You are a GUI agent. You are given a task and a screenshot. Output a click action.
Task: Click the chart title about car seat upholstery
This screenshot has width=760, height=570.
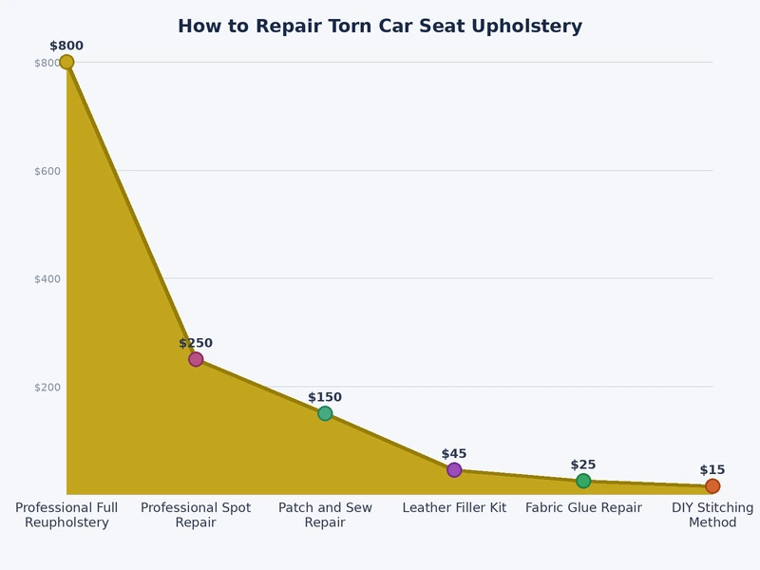point(380,27)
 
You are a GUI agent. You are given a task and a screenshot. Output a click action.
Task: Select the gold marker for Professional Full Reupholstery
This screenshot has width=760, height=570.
point(66,62)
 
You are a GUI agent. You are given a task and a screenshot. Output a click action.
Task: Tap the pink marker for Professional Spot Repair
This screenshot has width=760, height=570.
point(196,359)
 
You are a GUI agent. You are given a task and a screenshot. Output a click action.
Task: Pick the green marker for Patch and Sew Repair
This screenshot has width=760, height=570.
point(325,413)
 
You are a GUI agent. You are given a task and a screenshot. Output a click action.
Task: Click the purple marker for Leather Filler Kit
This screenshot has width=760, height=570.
point(454,470)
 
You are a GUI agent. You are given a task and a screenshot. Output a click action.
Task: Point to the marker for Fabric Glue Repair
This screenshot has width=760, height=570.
point(583,481)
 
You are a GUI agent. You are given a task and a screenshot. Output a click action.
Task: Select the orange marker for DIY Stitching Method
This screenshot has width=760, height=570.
point(712,486)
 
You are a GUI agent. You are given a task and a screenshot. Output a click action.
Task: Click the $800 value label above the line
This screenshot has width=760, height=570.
point(66,46)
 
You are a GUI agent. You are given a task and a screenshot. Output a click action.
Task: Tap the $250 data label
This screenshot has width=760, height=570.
point(196,343)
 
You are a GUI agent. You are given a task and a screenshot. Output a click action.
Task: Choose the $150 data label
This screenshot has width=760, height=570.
point(325,397)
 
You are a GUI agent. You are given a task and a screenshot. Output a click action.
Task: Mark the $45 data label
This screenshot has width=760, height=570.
point(454,454)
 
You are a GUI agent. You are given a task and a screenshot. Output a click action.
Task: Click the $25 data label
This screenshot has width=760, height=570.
point(583,465)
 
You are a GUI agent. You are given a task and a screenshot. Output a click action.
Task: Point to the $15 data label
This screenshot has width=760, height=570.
point(712,470)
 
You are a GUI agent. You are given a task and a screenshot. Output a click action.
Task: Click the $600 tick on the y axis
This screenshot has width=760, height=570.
point(47,171)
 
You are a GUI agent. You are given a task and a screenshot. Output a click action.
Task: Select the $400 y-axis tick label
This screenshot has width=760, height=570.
point(47,278)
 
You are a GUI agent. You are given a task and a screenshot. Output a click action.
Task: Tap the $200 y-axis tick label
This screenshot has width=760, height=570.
point(47,387)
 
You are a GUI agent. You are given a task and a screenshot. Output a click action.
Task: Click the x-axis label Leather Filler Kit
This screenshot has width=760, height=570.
point(454,508)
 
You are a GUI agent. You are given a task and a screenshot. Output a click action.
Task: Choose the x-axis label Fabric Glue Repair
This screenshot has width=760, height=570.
point(583,508)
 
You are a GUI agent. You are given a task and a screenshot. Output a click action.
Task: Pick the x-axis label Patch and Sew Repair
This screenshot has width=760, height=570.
point(325,515)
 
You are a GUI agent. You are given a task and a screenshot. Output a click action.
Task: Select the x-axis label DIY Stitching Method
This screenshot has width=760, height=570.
point(712,515)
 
